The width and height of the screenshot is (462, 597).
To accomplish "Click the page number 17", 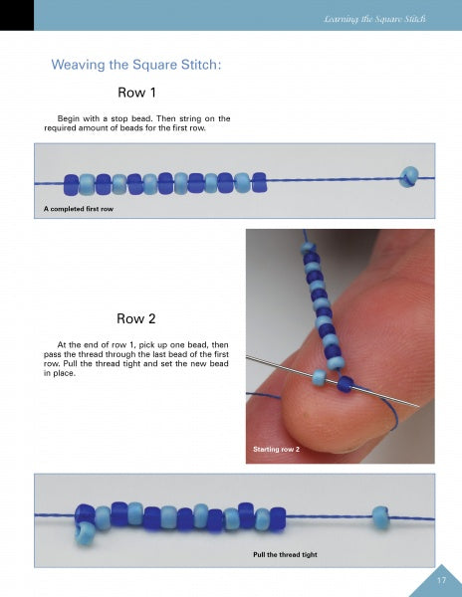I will [x=440, y=580].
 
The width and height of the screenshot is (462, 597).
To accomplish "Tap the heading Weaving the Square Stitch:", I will [x=136, y=66].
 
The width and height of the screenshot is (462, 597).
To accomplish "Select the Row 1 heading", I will [x=136, y=95].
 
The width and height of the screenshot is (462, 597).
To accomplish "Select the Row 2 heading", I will [x=136, y=319].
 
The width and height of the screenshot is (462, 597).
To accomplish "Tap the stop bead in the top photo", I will [x=407, y=177].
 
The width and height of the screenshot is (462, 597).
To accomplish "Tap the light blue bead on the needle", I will [x=319, y=377].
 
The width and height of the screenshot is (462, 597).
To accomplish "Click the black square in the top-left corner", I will [x=17, y=15].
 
